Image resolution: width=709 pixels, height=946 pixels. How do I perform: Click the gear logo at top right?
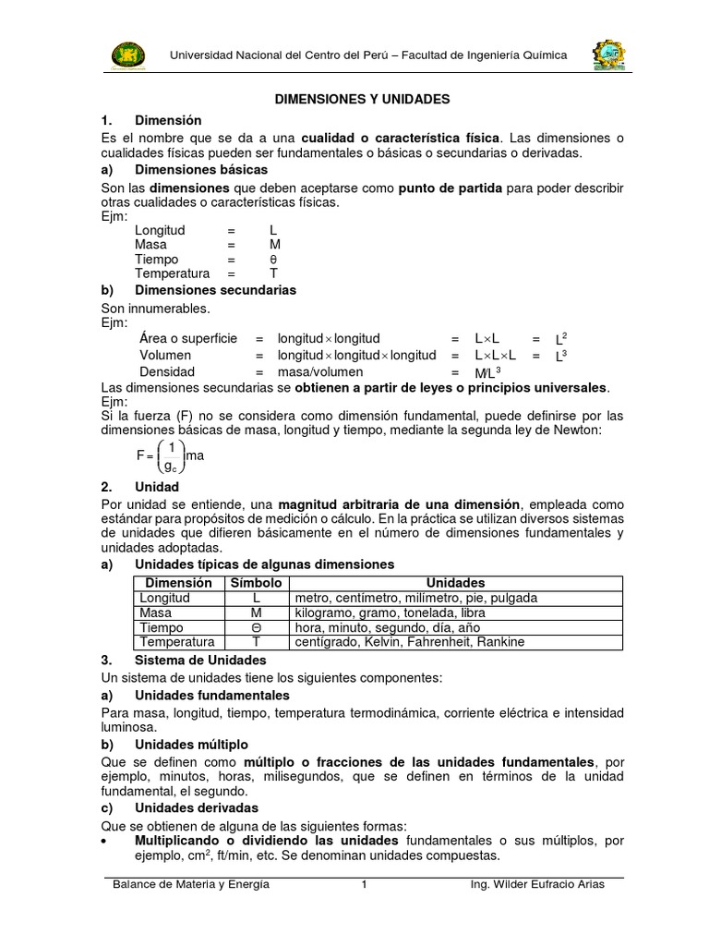tap(609, 55)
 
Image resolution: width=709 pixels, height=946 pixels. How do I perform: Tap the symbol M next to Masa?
tap(274, 245)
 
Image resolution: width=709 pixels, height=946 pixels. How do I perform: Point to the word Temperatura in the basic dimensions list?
tap(172, 274)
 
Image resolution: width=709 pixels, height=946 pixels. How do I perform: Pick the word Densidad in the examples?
tap(167, 370)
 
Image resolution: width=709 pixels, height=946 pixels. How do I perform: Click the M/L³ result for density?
tap(487, 371)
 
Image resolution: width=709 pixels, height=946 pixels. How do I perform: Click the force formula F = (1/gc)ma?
tap(170, 455)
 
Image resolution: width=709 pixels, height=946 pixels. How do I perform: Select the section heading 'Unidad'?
tap(157, 487)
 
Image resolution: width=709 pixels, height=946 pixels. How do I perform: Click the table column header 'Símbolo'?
tap(257, 583)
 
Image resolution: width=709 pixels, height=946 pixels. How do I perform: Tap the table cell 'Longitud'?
tap(164, 598)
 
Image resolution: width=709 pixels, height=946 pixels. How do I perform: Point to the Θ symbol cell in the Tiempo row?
tap(257, 627)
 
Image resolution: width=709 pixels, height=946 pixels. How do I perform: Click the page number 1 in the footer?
tap(365, 884)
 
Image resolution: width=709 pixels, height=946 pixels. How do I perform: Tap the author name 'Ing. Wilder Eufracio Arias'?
tap(537, 884)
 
